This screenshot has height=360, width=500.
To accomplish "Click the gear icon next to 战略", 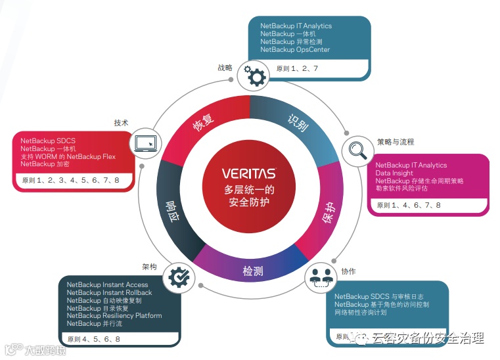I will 254,76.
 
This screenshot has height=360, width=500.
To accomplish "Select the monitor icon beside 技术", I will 145,143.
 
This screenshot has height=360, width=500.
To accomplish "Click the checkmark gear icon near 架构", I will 177,277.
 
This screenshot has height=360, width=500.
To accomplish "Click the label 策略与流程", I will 396,142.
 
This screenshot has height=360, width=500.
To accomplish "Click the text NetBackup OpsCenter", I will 294,50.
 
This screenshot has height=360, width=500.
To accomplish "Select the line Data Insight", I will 394,173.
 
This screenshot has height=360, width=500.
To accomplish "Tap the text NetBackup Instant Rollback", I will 109,293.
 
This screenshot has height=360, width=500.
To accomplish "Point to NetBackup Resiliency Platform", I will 114,316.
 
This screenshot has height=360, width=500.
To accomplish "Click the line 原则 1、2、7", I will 297,68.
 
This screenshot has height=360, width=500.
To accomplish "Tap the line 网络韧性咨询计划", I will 361,313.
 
